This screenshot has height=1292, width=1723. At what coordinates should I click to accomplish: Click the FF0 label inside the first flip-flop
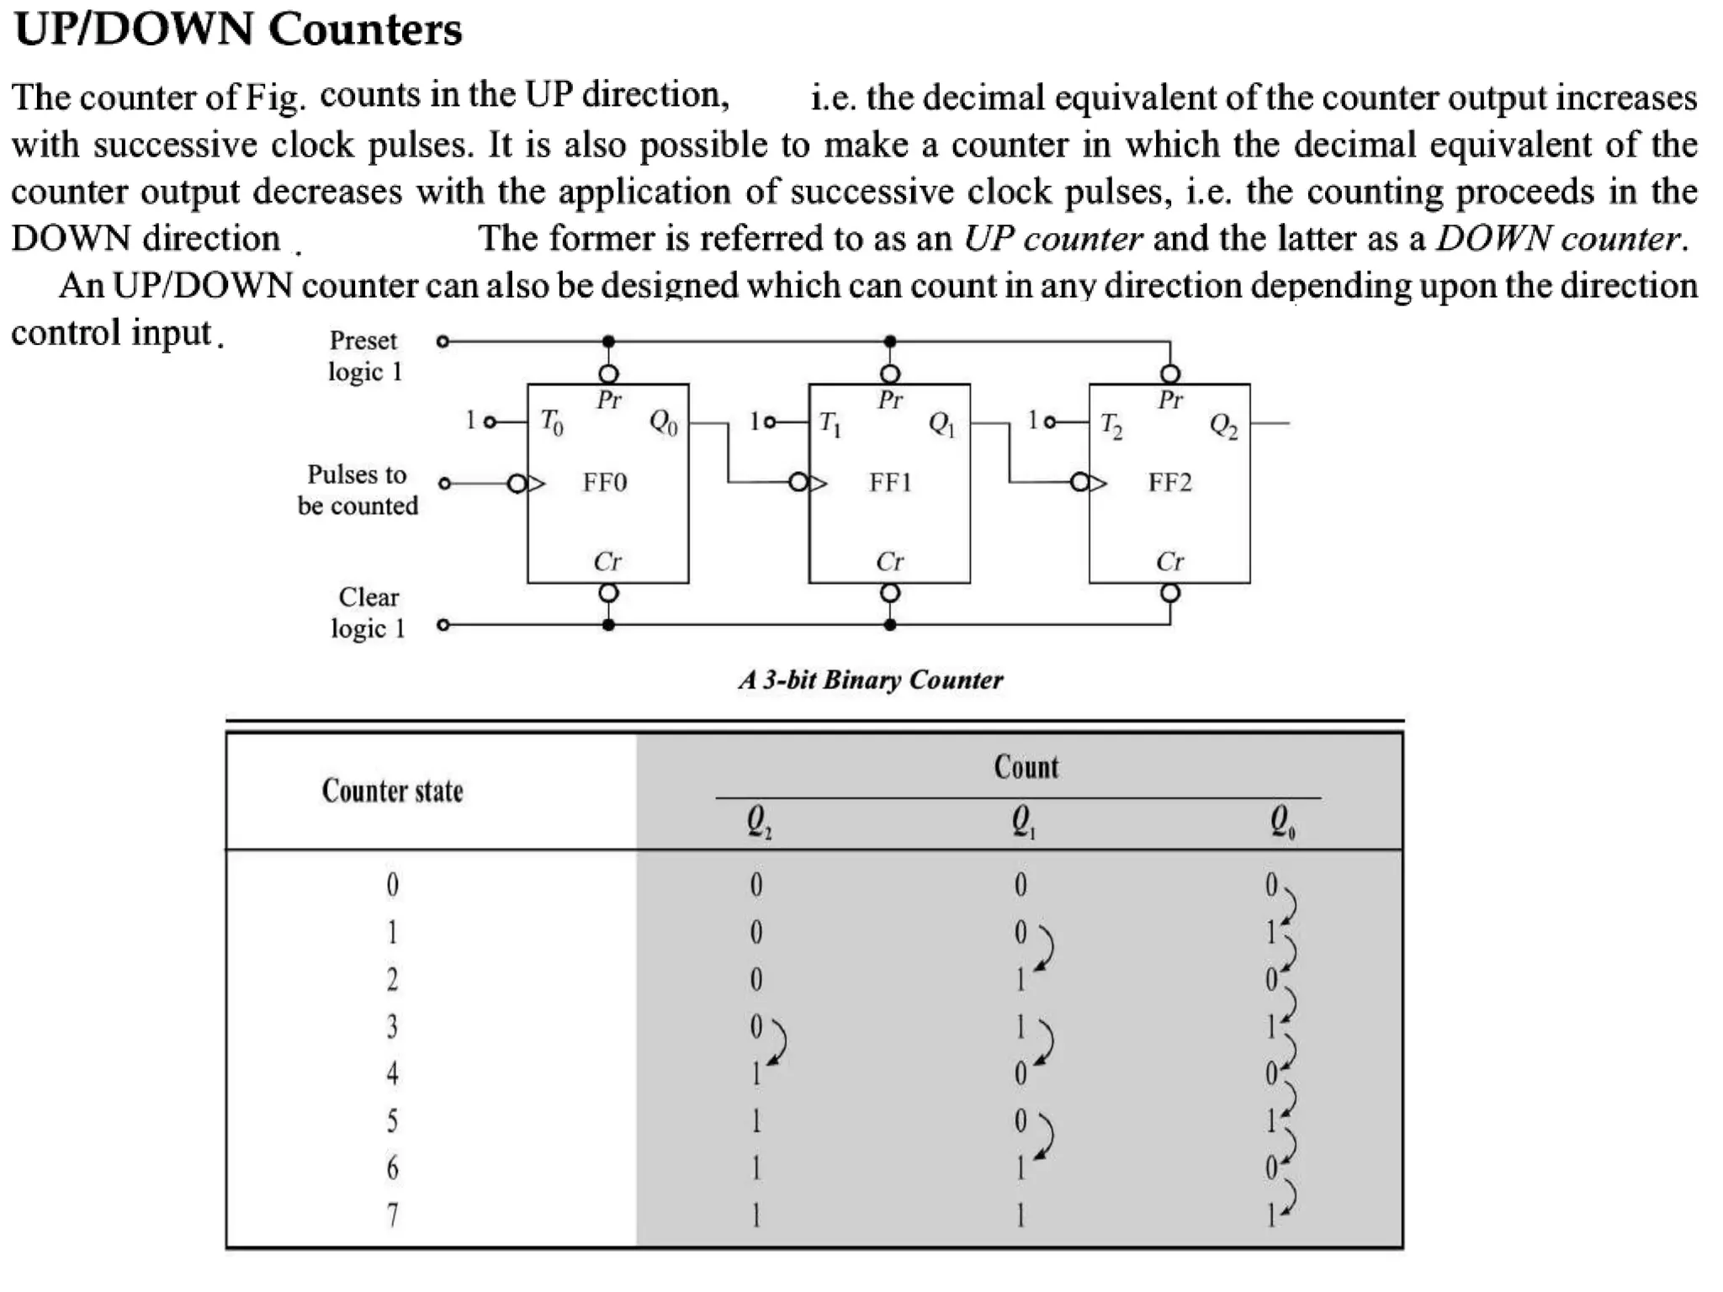[x=605, y=483]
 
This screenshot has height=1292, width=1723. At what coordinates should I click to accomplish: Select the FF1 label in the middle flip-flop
[x=890, y=483]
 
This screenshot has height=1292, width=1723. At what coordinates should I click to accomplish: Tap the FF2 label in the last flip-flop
[x=1170, y=483]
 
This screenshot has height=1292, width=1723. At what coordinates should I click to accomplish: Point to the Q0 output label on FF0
[x=663, y=422]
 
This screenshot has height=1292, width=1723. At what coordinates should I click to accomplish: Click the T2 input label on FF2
[x=1111, y=425]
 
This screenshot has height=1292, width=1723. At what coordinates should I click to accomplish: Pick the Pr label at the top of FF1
[x=890, y=400]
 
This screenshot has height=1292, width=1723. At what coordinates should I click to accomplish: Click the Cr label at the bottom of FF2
[x=1169, y=561]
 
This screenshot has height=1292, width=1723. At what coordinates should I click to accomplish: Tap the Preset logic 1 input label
[x=364, y=356]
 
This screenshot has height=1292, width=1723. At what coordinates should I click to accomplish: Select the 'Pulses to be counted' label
[x=358, y=490]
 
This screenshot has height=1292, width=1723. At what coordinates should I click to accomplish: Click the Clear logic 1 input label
[x=368, y=612]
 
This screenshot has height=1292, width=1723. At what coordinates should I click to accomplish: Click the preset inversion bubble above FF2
[x=1170, y=373]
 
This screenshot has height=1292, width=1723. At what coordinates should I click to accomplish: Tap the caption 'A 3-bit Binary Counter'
[x=871, y=680]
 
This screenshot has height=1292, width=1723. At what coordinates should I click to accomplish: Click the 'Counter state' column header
[x=392, y=791]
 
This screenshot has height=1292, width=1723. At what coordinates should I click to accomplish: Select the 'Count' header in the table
[x=1026, y=766]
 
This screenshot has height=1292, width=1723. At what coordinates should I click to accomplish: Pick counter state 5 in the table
[x=392, y=1120]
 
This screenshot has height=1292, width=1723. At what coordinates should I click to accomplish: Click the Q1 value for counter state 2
[x=1021, y=980]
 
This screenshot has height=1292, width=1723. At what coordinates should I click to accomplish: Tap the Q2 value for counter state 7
[x=755, y=1215]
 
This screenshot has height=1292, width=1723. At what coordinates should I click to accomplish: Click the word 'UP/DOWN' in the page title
[x=134, y=29]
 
